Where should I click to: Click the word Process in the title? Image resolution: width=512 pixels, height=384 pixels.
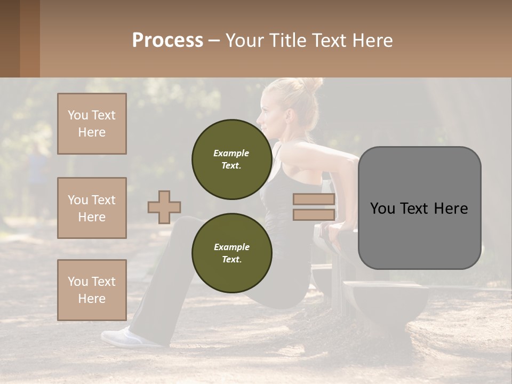(x=167, y=41)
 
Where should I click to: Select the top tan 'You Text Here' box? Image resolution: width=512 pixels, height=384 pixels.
(x=92, y=124)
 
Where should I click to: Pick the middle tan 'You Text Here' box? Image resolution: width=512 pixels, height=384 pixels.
(x=92, y=208)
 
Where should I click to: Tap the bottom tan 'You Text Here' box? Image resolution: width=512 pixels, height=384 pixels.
(x=92, y=290)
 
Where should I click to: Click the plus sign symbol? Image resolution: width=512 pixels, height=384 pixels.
(x=164, y=207)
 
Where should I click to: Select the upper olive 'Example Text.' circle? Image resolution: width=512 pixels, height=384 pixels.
(x=231, y=159)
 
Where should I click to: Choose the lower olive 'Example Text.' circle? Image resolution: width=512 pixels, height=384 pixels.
(x=231, y=253)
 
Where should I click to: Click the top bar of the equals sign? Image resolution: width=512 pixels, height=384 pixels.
(x=314, y=199)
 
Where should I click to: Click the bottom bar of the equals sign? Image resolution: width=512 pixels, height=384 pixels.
(x=314, y=215)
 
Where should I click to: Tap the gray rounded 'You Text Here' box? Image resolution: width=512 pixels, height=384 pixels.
(x=419, y=208)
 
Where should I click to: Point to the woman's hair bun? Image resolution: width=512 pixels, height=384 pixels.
(x=312, y=85)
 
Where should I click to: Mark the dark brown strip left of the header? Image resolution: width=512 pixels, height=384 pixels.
(x=20, y=38)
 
